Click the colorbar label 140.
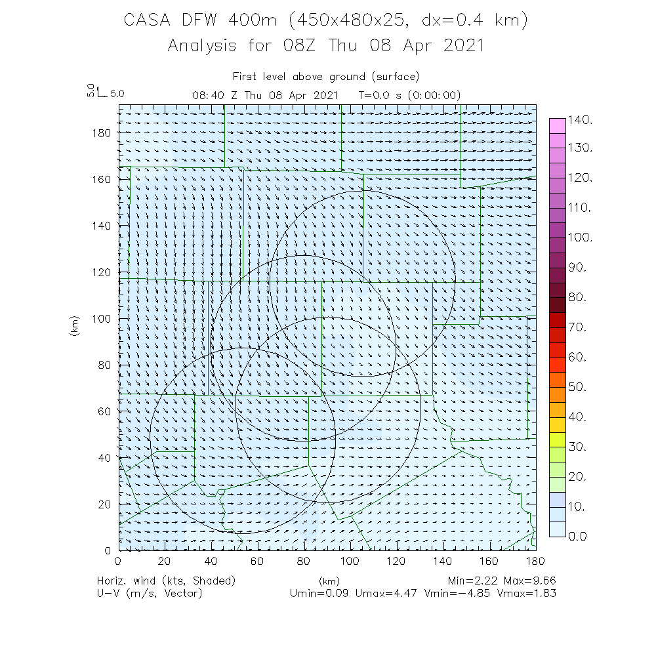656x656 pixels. click(x=581, y=120)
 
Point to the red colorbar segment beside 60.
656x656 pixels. click(x=557, y=364)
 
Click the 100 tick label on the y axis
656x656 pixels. click(x=101, y=318)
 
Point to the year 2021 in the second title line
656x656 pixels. click(x=458, y=46)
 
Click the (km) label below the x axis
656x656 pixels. click(x=328, y=581)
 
